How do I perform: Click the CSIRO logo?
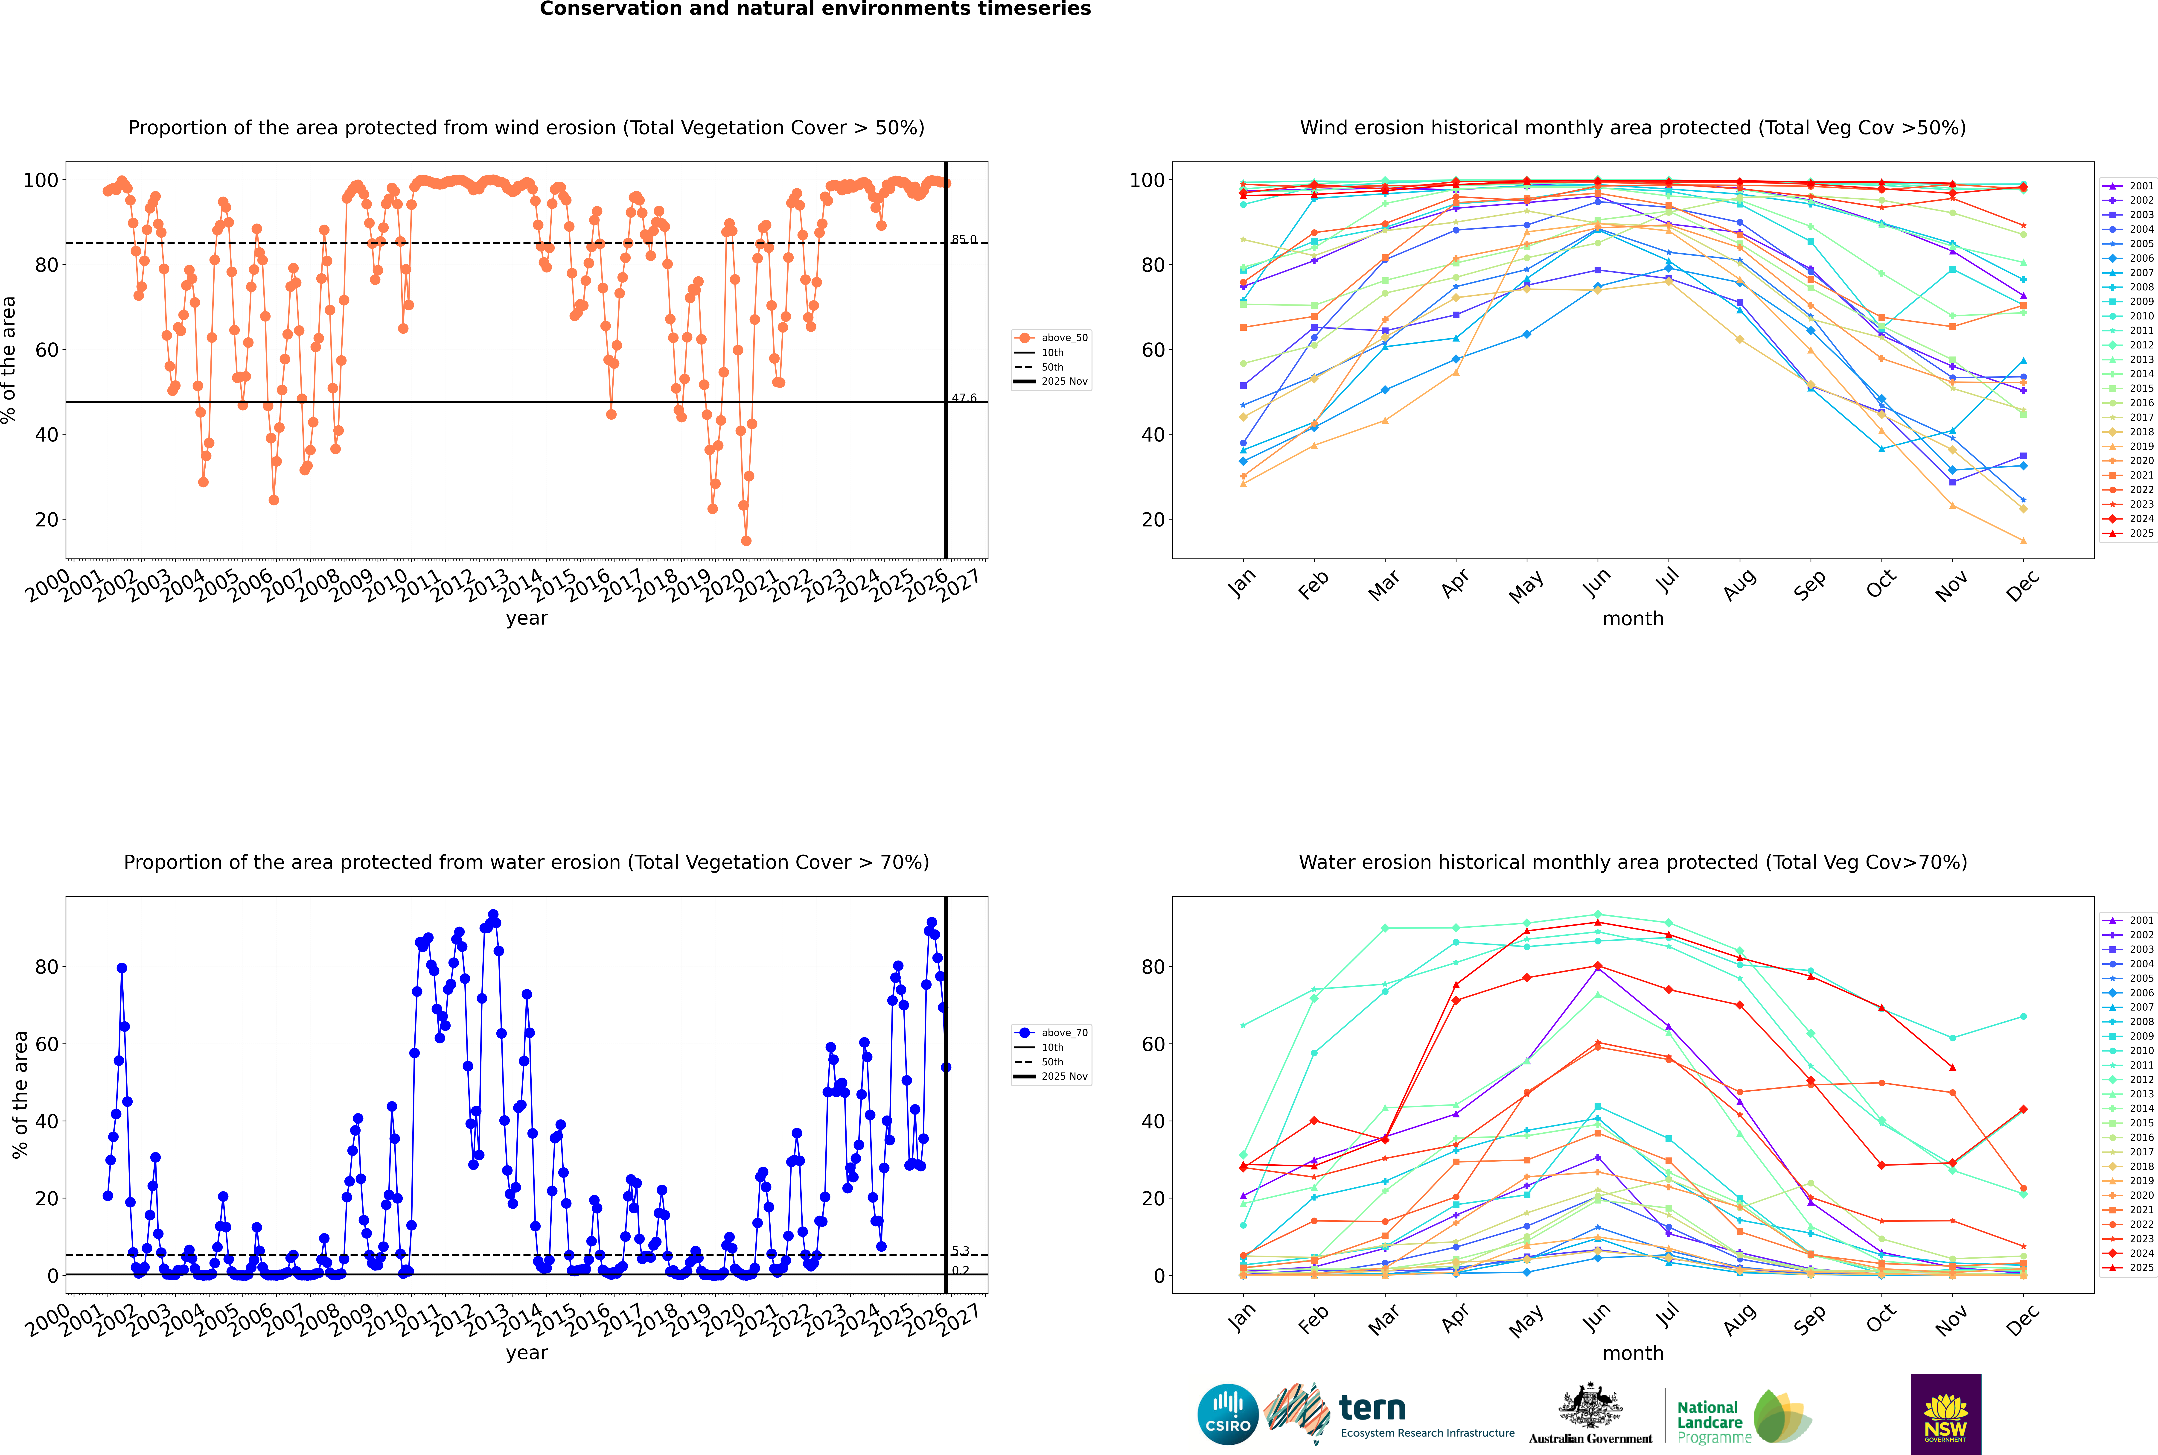pyautogui.click(x=1227, y=1415)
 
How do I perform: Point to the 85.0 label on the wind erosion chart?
pyautogui.click(x=964, y=240)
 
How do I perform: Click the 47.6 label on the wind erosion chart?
pyautogui.click(x=964, y=398)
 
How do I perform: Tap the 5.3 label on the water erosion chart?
pyautogui.click(x=960, y=1251)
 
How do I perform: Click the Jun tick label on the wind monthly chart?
pyautogui.click(x=1597, y=583)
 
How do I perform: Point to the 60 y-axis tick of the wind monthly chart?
pyautogui.click(x=1152, y=350)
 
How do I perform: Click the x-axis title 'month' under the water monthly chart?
pyautogui.click(x=1633, y=1353)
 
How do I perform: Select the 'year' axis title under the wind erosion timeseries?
pyautogui.click(x=526, y=618)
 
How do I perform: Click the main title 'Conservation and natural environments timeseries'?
pyautogui.click(x=815, y=9)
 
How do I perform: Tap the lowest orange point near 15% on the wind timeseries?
pyautogui.click(x=746, y=541)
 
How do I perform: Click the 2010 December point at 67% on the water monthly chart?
pyautogui.click(x=2024, y=1017)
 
